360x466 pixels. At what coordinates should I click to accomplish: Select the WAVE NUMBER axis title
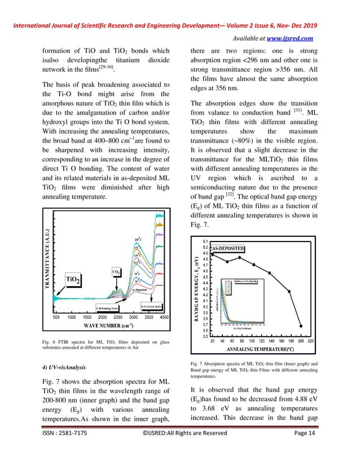click(x=110, y=326)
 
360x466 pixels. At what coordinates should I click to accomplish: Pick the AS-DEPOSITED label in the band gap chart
click(x=236, y=248)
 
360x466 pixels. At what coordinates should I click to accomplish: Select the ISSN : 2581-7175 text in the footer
click(x=70, y=449)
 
